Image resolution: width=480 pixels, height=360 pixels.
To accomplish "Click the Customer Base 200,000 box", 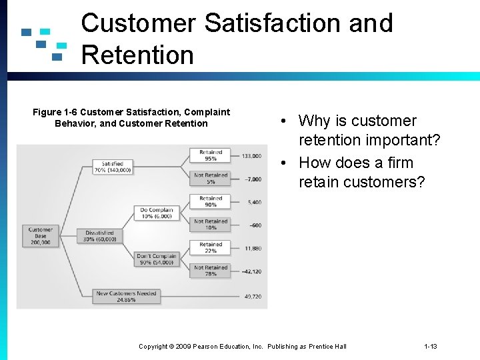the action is coord(41,235).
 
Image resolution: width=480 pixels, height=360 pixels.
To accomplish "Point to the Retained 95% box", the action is coord(211,155).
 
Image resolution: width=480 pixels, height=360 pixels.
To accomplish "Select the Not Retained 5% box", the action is coord(211,178).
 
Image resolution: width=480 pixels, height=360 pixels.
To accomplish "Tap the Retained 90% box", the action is coord(211,201).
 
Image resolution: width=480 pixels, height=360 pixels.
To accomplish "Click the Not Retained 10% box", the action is coord(211,225).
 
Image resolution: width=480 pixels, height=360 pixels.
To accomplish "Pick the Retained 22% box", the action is coord(211,247).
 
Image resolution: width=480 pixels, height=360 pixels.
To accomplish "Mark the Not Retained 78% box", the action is coord(211,271).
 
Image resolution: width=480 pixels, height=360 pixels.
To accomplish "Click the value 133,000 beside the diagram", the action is coord(251,156).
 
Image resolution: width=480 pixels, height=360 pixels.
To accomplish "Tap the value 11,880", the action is coord(252,248).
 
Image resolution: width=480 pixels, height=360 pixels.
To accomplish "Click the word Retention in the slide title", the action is coord(137,55).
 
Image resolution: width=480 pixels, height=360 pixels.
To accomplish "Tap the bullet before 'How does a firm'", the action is coord(284,163).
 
